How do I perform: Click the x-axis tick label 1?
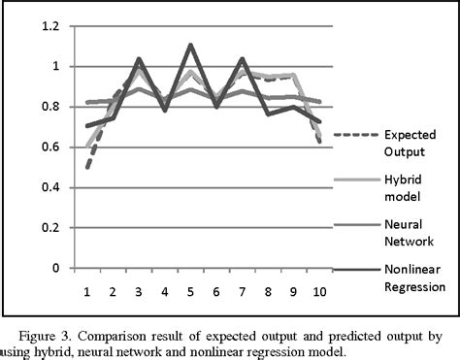click(88, 289)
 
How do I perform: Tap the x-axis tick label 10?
click(318, 289)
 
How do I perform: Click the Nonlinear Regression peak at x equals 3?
click(140, 59)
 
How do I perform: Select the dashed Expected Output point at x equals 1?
click(88, 167)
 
